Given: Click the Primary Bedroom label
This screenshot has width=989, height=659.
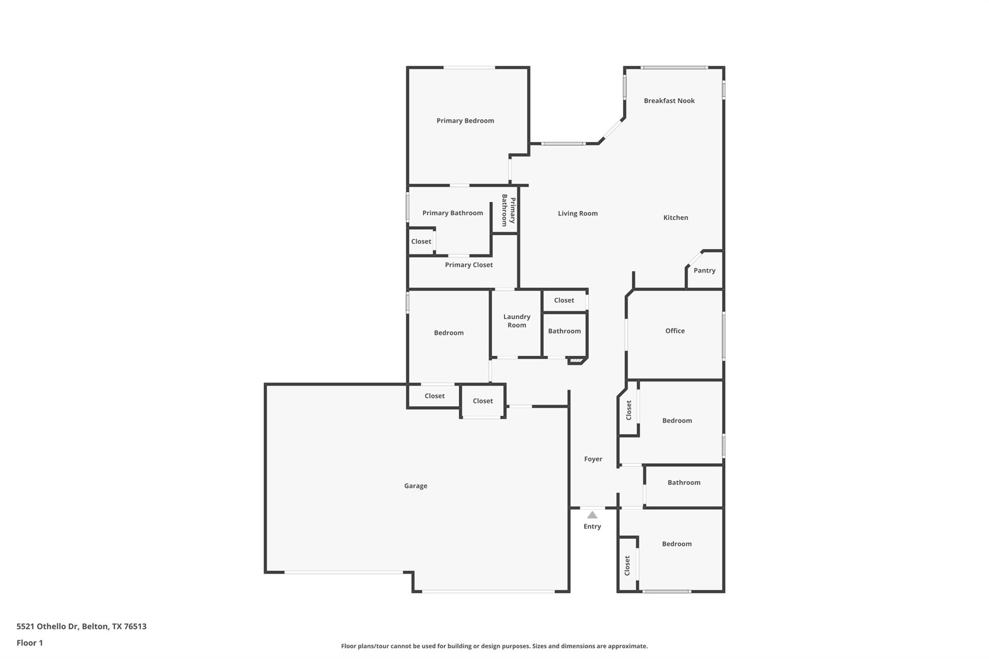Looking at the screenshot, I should click(465, 121).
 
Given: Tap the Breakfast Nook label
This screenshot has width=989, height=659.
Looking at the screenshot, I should click(669, 100).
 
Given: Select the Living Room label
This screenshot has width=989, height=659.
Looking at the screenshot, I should click(578, 213).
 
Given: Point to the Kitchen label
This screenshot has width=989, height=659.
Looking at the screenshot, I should click(675, 218).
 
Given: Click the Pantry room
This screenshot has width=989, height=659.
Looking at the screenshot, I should click(705, 271).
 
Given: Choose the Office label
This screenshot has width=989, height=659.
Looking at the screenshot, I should click(675, 331).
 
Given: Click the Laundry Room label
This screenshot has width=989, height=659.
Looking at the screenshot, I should click(517, 321).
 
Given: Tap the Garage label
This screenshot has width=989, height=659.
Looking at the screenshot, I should click(415, 486).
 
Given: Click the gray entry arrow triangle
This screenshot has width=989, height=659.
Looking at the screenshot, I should click(592, 515).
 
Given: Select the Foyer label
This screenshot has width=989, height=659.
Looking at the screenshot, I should click(593, 459).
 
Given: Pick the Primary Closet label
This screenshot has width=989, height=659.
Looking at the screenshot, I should click(468, 265).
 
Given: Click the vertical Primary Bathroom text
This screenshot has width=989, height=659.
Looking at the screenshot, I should click(509, 210).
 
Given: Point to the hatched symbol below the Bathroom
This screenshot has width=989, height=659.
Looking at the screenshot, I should click(575, 361).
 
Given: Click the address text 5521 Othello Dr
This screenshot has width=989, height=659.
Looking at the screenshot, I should click(81, 626).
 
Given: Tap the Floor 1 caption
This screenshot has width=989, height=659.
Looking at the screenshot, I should click(29, 643).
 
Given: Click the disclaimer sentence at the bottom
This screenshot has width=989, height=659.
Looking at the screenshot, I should click(494, 646).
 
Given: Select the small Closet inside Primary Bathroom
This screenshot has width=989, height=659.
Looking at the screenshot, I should click(421, 241).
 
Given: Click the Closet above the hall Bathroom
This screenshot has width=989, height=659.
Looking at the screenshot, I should click(564, 300).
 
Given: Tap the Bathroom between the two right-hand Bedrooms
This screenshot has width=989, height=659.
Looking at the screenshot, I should click(683, 483).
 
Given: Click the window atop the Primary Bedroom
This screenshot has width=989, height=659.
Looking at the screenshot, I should click(469, 68).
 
